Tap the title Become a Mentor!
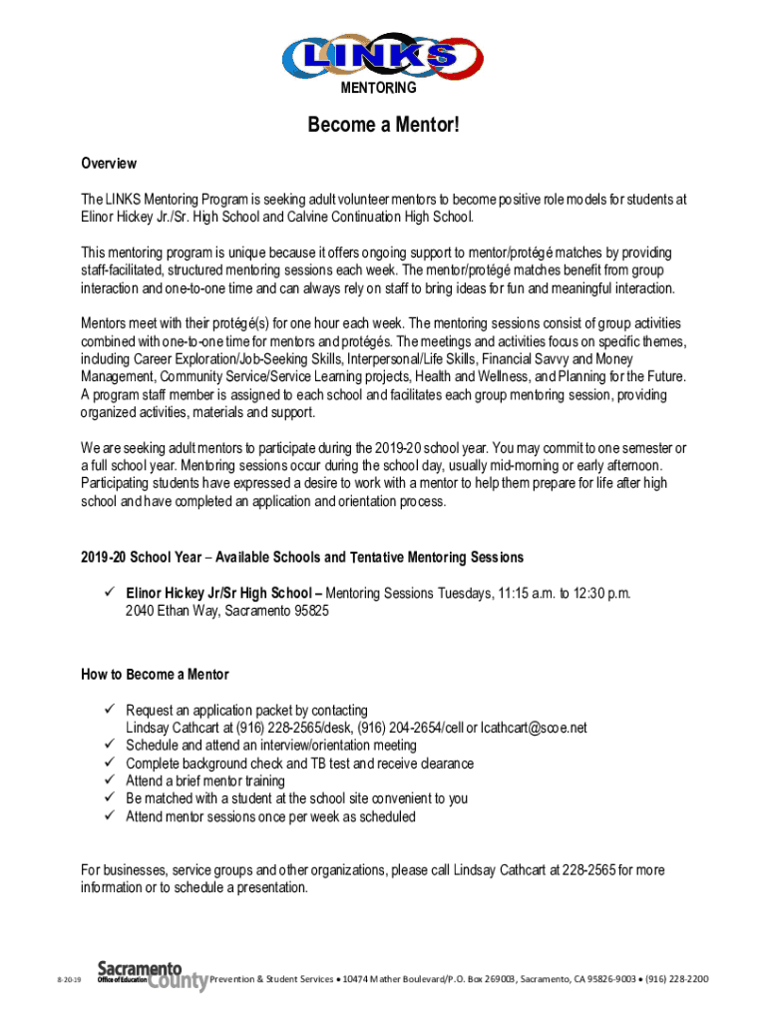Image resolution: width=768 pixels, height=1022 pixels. coord(383,126)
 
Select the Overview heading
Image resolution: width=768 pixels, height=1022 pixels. coord(109,164)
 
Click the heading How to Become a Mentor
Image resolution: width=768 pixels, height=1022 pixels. coord(155,675)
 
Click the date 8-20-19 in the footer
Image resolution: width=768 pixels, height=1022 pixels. coord(69,981)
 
